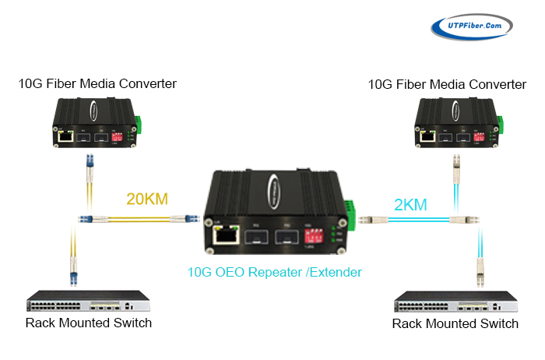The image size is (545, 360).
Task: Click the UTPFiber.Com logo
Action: coord(473,26)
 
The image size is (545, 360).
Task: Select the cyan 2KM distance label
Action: coord(410,205)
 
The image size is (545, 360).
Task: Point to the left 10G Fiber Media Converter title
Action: coord(97,83)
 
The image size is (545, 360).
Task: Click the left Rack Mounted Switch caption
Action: coord(89,323)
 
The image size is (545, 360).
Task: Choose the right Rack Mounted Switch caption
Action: coord(455,323)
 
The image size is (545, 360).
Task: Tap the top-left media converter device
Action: coord(95,125)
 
